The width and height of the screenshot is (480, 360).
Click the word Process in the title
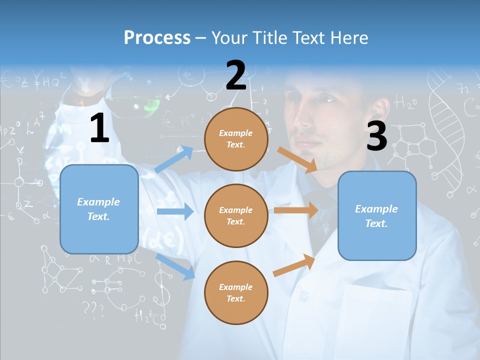(x=157, y=37)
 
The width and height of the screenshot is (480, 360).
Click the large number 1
(x=99, y=128)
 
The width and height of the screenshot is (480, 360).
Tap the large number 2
(x=235, y=75)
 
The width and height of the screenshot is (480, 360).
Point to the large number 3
(x=376, y=136)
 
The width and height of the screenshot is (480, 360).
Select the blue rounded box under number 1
(x=99, y=209)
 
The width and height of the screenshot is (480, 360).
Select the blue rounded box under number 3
(x=377, y=215)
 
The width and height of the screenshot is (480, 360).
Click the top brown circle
(x=236, y=139)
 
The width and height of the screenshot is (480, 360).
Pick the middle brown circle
(x=236, y=215)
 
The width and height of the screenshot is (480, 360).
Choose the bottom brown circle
(x=236, y=292)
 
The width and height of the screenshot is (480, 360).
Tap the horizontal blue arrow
(x=174, y=211)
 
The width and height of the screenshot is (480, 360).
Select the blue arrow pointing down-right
(x=175, y=266)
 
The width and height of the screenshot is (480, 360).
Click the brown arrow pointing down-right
(x=297, y=160)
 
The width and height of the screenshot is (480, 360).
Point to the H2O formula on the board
(x=405, y=103)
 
